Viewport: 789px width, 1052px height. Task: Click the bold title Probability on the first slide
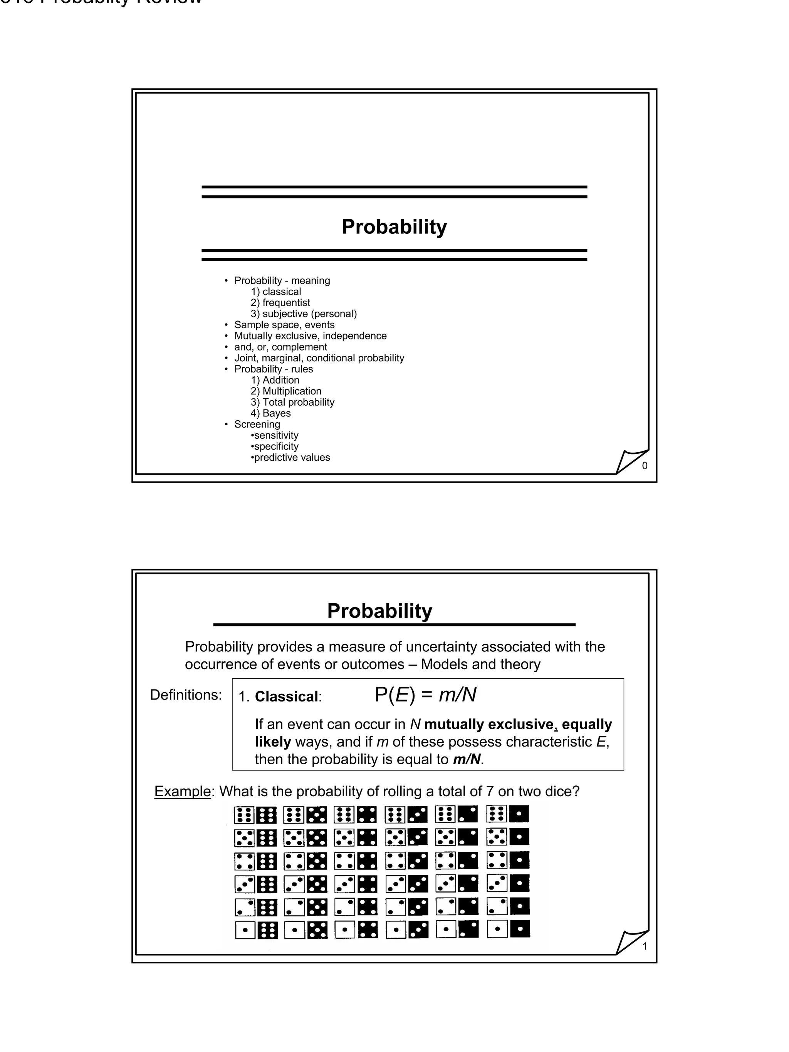(x=394, y=227)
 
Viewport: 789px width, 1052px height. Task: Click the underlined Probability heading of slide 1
(x=379, y=611)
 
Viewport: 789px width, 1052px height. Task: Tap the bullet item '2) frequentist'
(x=280, y=302)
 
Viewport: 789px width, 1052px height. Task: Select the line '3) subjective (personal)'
(x=304, y=314)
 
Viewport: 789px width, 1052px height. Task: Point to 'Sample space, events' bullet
(x=284, y=325)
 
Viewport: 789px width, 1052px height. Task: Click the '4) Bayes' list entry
(x=270, y=413)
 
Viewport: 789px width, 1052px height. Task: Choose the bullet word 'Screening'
(x=257, y=424)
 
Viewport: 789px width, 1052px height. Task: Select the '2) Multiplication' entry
(x=286, y=391)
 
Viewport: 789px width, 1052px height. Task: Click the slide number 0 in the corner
(x=645, y=466)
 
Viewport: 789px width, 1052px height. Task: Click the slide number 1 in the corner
(x=645, y=946)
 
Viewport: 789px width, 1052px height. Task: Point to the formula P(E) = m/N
(x=425, y=695)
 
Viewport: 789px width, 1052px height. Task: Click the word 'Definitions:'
(x=186, y=695)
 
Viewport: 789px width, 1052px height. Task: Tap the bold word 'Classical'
(x=286, y=697)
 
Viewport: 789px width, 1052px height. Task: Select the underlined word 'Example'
(x=182, y=791)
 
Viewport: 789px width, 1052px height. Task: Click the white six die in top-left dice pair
(x=245, y=815)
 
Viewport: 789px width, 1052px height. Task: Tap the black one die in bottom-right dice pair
(x=519, y=929)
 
